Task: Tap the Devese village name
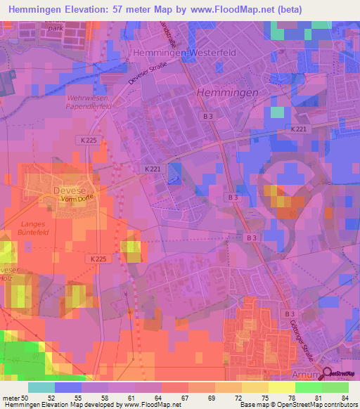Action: point(67,190)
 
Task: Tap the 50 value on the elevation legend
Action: point(29,397)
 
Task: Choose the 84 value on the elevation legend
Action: point(346,397)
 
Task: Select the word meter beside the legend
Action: point(11,397)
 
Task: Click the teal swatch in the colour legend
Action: point(41,387)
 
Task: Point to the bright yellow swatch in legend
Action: point(281,387)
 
